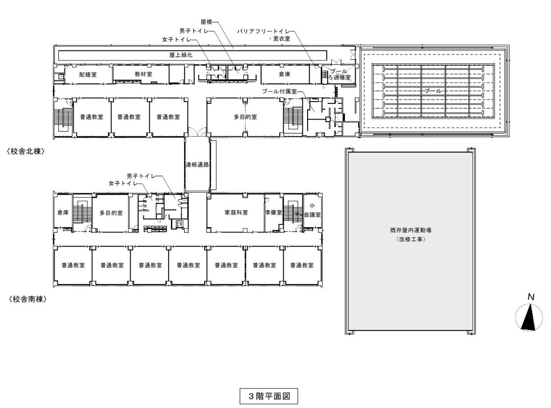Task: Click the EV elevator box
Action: coord(180,224)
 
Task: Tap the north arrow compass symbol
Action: coord(528,317)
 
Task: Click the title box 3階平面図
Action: coord(269,396)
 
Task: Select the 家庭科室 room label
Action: coord(236,212)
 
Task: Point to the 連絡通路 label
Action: coord(198,164)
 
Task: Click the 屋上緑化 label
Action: coord(181,55)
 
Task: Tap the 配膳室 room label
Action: coord(88,75)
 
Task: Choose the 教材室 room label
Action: coord(143,74)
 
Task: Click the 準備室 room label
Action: coord(274,212)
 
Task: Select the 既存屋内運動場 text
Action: coord(411,230)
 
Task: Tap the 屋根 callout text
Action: coord(206,22)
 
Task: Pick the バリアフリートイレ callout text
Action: coord(263,31)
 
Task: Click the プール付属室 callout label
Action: coord(279,91)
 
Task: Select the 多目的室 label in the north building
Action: coord(245,117)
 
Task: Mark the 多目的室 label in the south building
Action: coord(111,213)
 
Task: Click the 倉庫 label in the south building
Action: coord(63,212)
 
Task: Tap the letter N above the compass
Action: coord(531,297)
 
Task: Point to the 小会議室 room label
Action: coord(312,210)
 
